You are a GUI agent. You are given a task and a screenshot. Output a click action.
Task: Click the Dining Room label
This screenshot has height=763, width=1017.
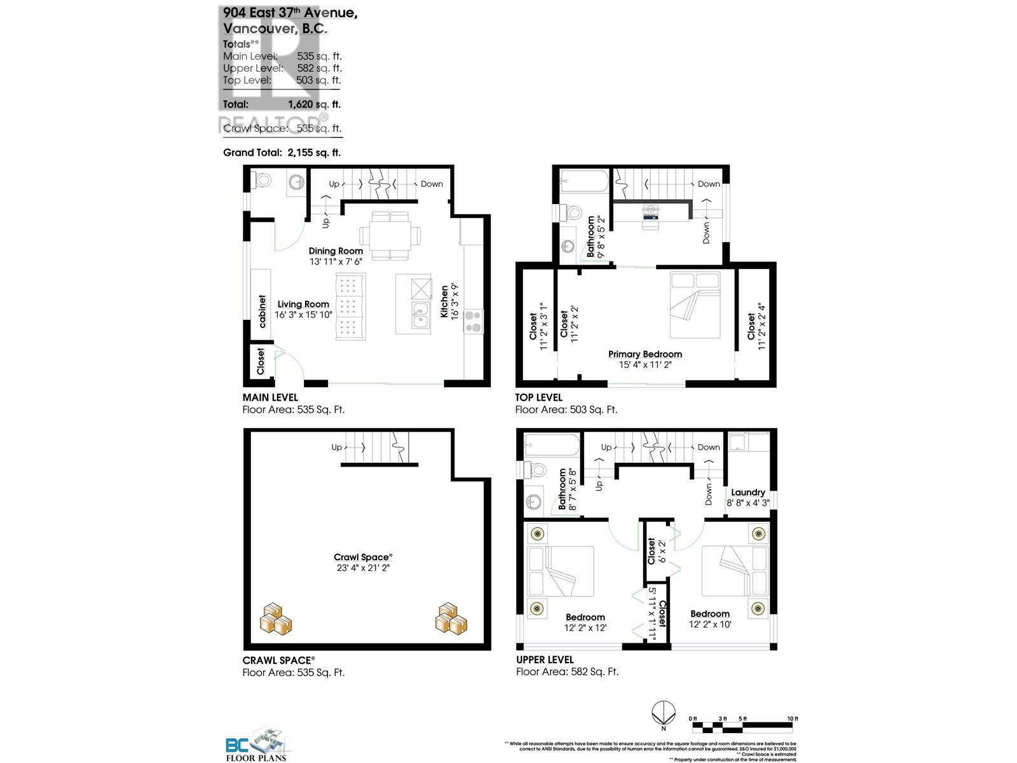pyautogui.click(x=336, y=251)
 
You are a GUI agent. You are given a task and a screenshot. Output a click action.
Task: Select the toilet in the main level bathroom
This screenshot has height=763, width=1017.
pyautogui.click(x=262, y=181)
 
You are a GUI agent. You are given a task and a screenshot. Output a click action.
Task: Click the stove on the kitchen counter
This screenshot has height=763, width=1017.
pyautogui.click(x=474, y=321)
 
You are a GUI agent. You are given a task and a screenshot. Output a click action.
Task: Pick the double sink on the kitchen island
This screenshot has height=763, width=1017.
pyautogui.click(x=419, y=315)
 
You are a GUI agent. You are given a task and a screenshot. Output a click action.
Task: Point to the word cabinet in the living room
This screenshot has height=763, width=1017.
pyautogui.click(x=263, y=311)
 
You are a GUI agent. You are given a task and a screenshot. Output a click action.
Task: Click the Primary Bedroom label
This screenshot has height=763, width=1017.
pyautogui.click(x=645, y=354)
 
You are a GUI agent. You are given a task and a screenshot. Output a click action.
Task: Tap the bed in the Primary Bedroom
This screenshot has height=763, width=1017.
pyautogui.click(x=695, y=305)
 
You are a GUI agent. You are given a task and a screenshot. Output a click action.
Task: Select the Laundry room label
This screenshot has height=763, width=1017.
pyautogui.click(x=747, y=492)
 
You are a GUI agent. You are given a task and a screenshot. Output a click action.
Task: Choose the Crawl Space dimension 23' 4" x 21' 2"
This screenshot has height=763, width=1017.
pyautogui.click(x=362, y=568)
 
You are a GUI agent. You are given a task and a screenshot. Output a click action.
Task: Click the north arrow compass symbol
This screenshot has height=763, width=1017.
pyautogui.click(x=664, y=711)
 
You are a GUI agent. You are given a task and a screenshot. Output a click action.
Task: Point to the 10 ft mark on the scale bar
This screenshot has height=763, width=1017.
pyautogui.click(x=792, y=718)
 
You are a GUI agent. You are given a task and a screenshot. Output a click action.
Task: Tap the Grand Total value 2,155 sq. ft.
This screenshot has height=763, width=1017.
pyautogui.click(x=313, y=153)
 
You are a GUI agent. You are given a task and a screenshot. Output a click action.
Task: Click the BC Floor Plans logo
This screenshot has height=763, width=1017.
pyautogui.click(x=257, y=745)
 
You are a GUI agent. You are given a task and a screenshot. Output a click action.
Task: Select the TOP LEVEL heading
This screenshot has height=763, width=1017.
pyautogui.click(x=538, y=397)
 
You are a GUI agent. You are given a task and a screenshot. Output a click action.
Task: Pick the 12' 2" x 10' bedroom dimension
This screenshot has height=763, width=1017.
pyautogui.click(x=709, y=624)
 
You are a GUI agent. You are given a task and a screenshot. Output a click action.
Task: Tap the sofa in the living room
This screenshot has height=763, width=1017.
pyautogui.click(x=350, y=307)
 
